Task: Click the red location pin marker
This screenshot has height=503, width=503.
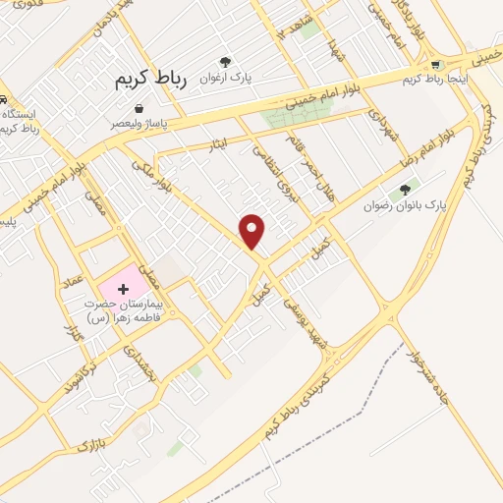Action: click(253, 231)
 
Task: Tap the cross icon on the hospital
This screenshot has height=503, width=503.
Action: click(123, 289)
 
